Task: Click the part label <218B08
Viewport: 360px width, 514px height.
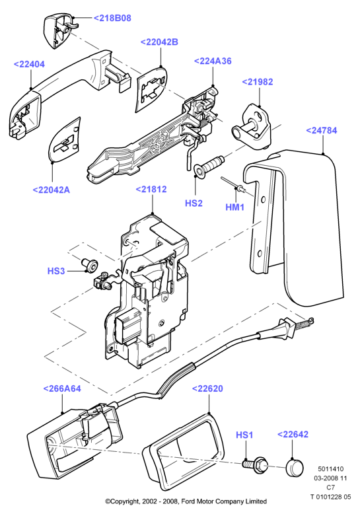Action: pos(112,18)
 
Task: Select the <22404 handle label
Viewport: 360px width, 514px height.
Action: pos(29,64)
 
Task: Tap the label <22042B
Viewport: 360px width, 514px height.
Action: pos(159,42)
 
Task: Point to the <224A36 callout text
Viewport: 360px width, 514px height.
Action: pos(213,61)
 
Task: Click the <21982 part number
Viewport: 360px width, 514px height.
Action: pos(258,82)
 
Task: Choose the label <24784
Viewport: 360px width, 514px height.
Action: pos(321,130)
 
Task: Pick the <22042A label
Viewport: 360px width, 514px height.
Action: pos(52,190)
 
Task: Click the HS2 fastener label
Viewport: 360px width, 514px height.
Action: pos(194,203)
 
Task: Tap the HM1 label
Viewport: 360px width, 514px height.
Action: pos(235,207)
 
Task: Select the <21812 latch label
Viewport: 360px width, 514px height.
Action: pos(151,190)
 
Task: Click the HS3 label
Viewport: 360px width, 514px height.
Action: pos(56,271)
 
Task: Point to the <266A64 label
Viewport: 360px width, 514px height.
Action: pos(62,388)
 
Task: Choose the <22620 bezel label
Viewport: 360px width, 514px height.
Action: pos(207,388)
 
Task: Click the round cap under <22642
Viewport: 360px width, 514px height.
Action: pos(295,468)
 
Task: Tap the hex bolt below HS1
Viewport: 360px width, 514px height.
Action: pos(254,463)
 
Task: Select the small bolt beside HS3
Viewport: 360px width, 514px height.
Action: pos(89,264)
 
